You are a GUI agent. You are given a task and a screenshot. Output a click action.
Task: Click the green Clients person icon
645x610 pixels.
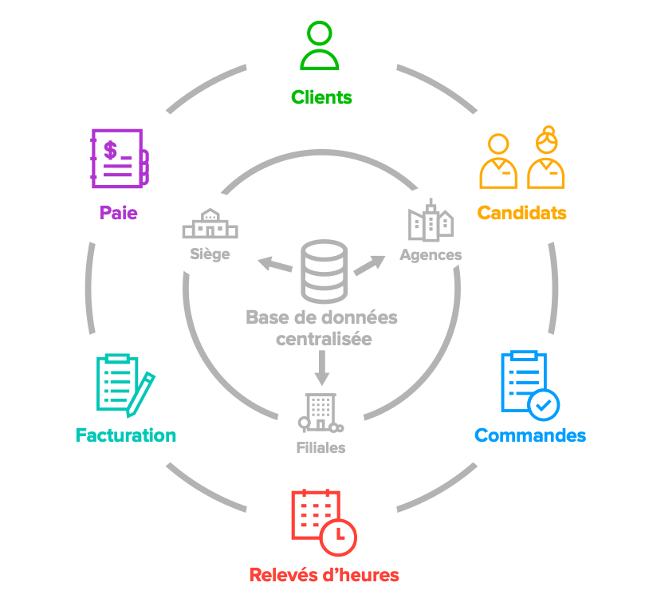pyautogui.click(x=320, y=47)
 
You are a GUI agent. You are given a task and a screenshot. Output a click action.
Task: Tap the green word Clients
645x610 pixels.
pyautogui.click(x=321, y=98)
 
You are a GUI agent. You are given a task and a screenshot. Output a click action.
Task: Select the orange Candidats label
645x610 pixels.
pyautogui.click(x=521, y=213)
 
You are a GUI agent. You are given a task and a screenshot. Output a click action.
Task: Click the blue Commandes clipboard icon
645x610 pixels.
pyautogui.click(x=525, y=382)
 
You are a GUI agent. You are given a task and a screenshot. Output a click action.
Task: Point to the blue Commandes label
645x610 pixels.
pyautogui.click(x=530, y=435)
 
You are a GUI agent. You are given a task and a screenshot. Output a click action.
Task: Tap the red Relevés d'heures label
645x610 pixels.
pyautogui.click(x=324, y=575)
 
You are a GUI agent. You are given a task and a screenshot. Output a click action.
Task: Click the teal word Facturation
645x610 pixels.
pyautogui.click(x=125, y=435)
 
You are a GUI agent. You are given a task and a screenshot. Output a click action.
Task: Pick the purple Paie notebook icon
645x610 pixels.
pyautogui.click(x=119, y=158)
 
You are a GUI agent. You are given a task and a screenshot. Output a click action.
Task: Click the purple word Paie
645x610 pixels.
pyautogui.click(x=118, y=213)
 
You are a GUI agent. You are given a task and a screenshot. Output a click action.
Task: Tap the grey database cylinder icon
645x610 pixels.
pyautogui.click(x=324, y=270)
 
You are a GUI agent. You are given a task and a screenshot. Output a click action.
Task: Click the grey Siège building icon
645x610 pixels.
pyautogui.click(x=210, y=225)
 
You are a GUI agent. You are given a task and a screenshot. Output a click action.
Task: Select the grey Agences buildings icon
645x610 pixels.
pyautogui.click(x=431, y=221)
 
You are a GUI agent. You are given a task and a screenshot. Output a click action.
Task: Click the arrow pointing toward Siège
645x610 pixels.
pyautogui.click(x=273, y=264)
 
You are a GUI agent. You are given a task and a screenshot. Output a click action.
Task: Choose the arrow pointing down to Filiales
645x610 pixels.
pyautogui.click(x=322, y=366)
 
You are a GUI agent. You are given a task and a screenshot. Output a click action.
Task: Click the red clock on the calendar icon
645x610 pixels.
pyautogui.click(x=338, y=536)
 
